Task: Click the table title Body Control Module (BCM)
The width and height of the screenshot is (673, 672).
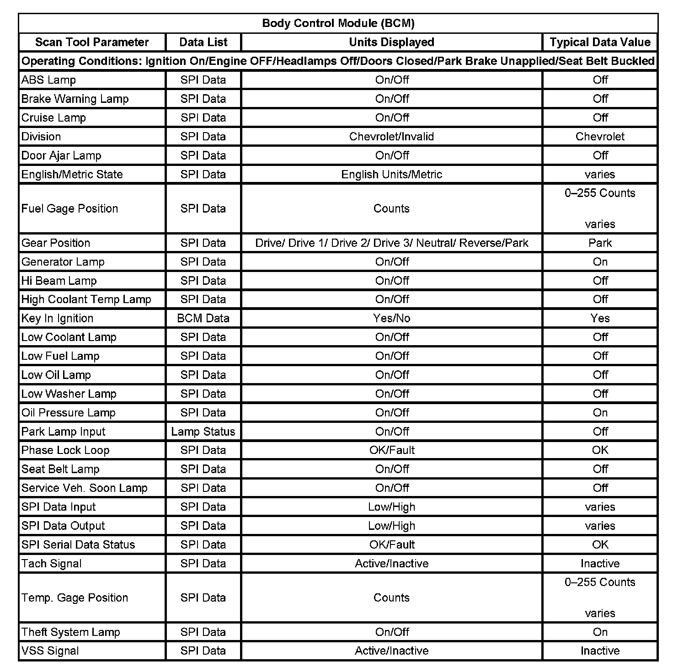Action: click(x=338, y=23)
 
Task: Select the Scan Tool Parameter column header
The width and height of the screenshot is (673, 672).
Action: click(x=92, y=43)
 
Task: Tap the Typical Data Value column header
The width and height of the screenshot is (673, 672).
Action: click(x=600, y=43)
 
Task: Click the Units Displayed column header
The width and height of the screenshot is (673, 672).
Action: click(x=391, y=43)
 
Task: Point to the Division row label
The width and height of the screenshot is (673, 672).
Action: click(x=41, y=137)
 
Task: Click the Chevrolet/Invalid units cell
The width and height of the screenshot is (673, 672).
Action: click(x=391, y=137)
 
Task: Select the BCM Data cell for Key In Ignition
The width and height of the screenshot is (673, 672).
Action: click(x=203, y=318)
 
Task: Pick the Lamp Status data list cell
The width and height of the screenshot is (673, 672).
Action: click(x=203, y=432)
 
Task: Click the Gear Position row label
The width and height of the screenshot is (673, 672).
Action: click(x=56, y=243)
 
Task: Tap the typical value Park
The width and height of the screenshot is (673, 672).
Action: click(x=600, y=243)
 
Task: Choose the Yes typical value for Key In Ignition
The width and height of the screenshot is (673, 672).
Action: click(x=600, y=318)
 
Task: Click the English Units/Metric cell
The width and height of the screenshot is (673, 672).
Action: click(x=391, y=174)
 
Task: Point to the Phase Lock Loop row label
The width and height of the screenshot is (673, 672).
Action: click(x=65, y=450)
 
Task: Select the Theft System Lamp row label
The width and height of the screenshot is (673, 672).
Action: click(x=71, y=632)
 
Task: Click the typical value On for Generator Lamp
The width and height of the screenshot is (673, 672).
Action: click(x=600, y=262)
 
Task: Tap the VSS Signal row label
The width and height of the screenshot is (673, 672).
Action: click(x=50, y=651)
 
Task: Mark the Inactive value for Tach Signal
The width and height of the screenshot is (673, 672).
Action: click(x=600, y=564)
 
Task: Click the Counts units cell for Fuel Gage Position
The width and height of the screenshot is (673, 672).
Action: click(x=391, y=208)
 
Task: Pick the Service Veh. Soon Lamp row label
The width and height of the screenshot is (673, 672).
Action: click(x=85, y=488)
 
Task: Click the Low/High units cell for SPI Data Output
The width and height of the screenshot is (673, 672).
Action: click(x=391, y=526)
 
